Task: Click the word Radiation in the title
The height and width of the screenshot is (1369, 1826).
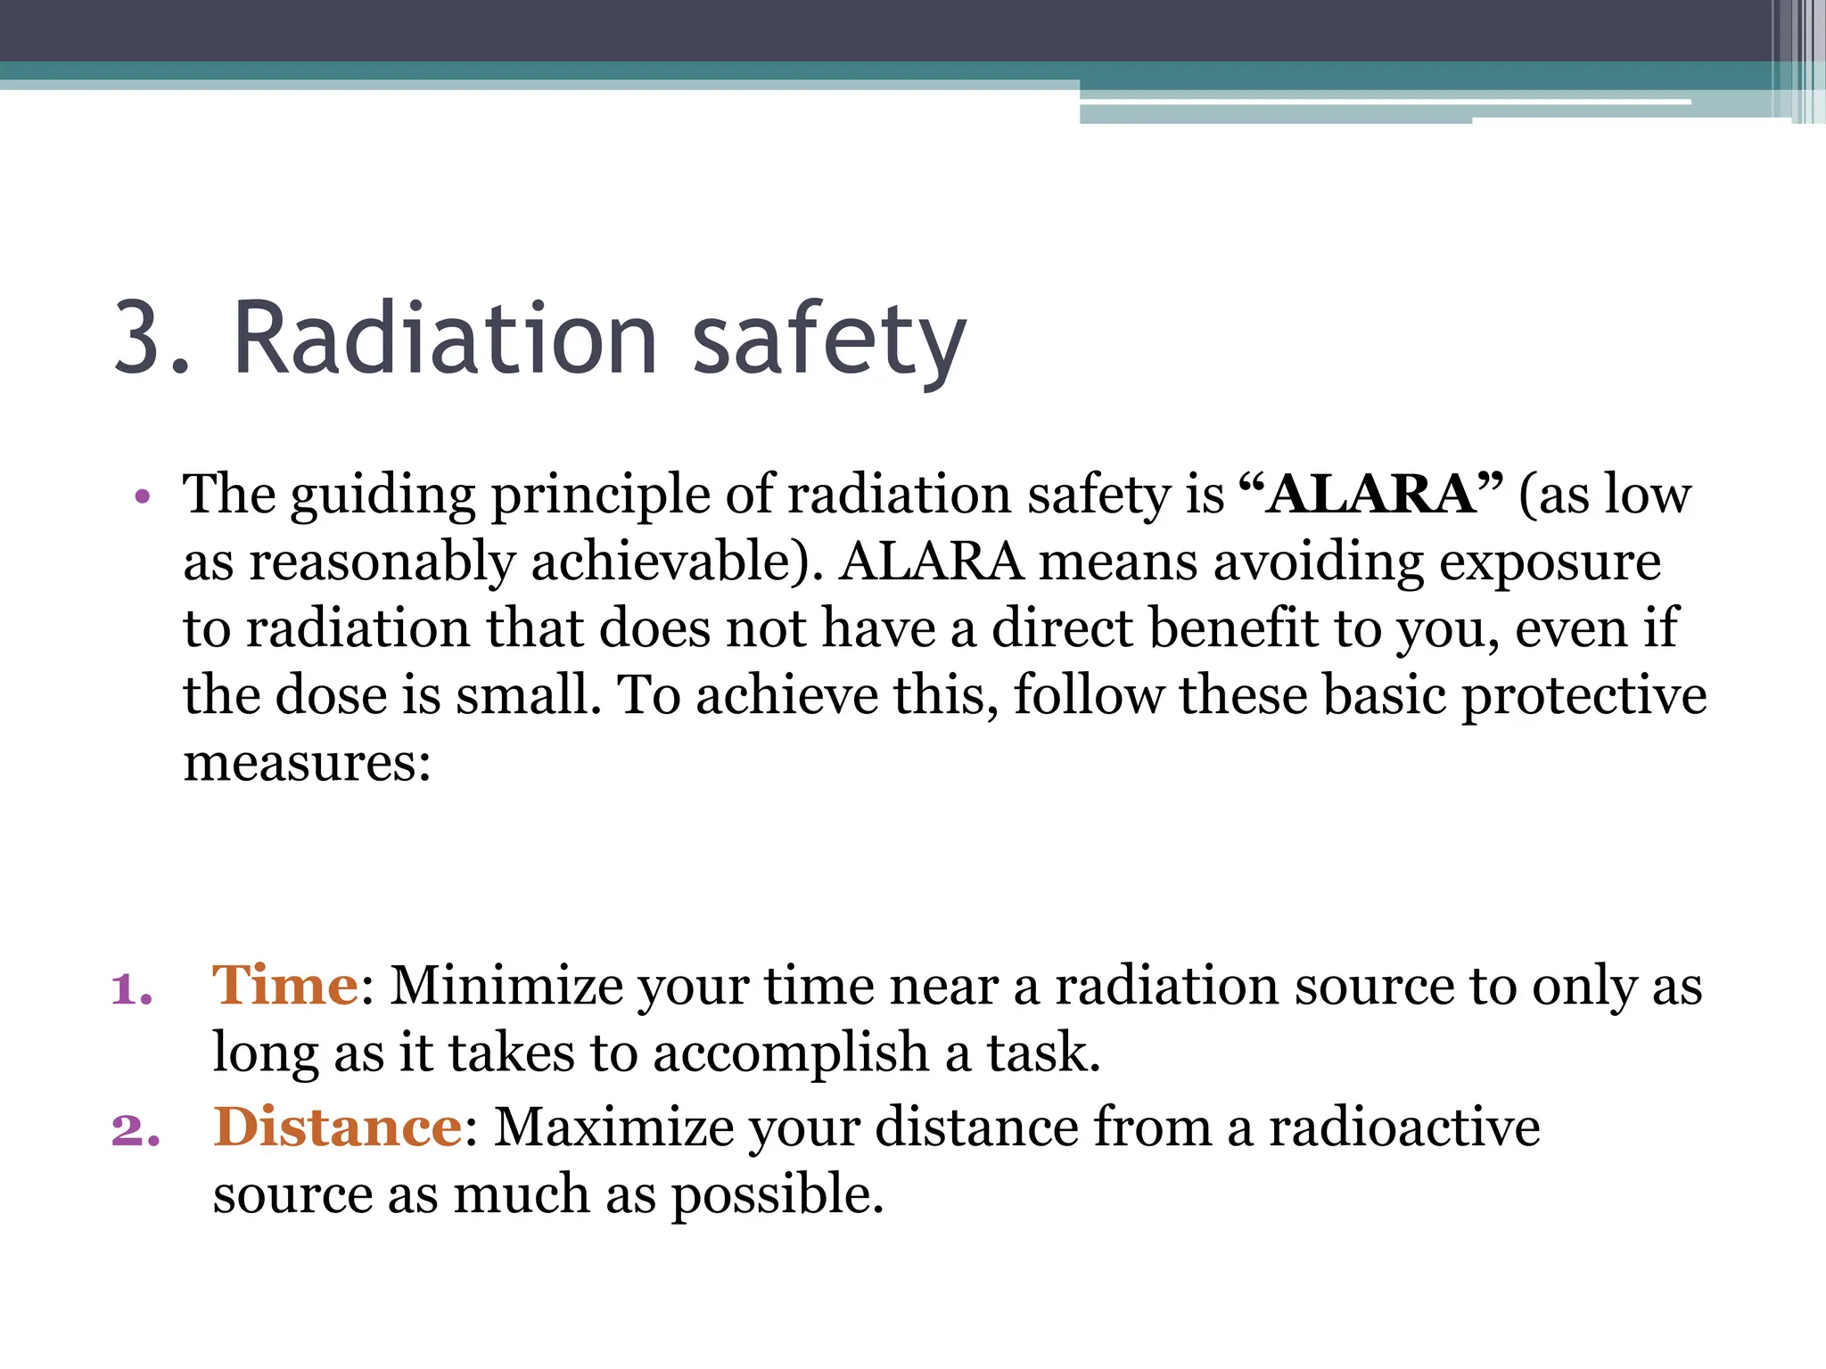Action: tap(445, 340)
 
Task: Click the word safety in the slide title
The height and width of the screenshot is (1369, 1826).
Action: tap(829, 340)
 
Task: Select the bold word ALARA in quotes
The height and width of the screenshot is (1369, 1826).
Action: tap(1370, 494)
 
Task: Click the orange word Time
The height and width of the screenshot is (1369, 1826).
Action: tap(285, 986)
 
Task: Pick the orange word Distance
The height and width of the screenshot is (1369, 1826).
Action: tap(338, 1127)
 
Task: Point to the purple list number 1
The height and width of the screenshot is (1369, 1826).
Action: tap(132, 989)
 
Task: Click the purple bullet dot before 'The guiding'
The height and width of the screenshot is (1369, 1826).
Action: tap(142, 496)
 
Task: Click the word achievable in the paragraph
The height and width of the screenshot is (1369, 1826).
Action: tap(669, 562)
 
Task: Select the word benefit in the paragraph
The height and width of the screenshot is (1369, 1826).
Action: tap(1233, 628)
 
